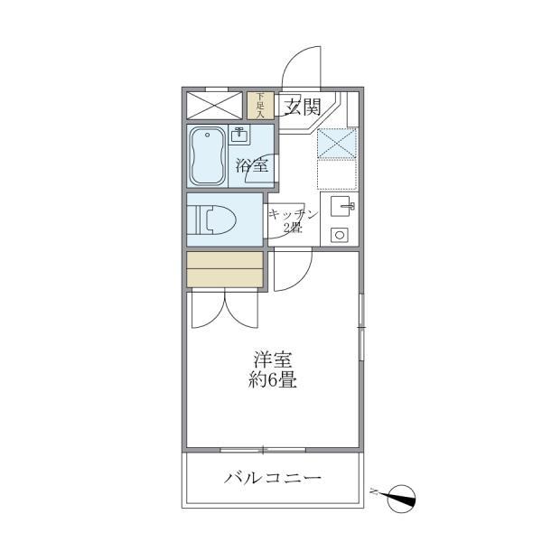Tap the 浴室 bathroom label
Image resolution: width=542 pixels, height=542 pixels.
coord(252,165)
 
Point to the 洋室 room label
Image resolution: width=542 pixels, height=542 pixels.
coord(272,359)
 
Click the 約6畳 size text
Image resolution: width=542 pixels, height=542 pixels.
coord(272,379)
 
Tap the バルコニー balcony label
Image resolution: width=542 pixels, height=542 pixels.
coord(273,477)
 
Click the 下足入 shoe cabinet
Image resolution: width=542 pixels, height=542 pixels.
coord(260,106)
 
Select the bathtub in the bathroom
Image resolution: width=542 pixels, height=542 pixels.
coord(209,155)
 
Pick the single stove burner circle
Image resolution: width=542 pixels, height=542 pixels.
coord(341,235)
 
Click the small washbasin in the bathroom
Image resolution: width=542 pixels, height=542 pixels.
coord(238,136)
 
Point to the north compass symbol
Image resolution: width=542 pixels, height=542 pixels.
coord(398,495)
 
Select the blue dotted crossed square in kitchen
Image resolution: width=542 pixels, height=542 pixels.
coord(335,144)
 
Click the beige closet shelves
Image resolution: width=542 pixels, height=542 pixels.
coord(225,269)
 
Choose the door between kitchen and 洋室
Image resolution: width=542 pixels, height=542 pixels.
coord(291,272)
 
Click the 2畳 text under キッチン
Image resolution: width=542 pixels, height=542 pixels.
coord(293,228)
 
